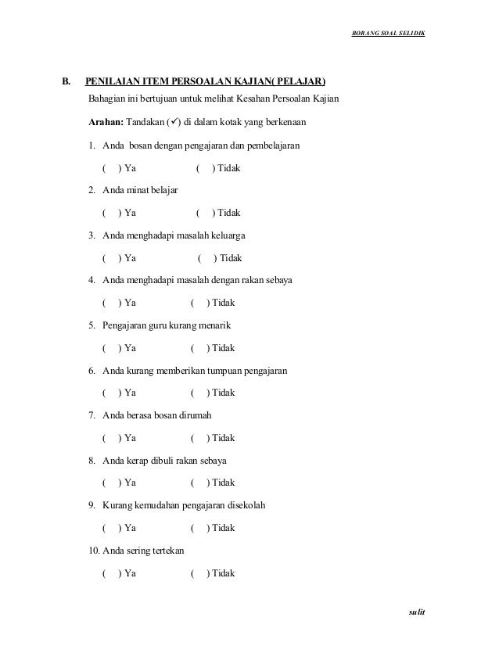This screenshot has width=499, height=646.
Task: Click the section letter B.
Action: pyautogui.click(x=66, y=81)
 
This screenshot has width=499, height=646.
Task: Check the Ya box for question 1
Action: pyautogui.click(x=111, y=167)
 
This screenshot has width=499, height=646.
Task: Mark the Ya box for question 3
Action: pyautogui.click(x=111, y=258)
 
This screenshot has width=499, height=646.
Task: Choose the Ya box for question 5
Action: pyautogui.click(x=111, y=348)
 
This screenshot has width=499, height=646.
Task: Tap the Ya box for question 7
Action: pyautogui.click(x=111, y=438)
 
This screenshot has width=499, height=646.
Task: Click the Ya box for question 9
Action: pyautogui.click(x=111, y=528)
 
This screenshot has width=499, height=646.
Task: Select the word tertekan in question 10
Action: pyautogui.click(x=167, y=551)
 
